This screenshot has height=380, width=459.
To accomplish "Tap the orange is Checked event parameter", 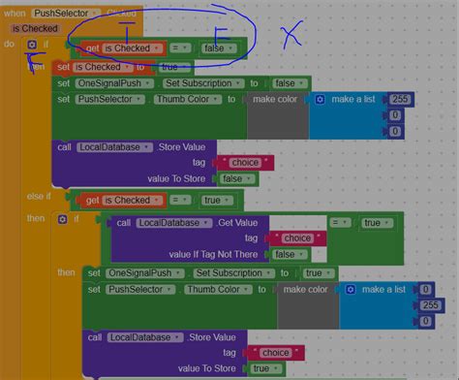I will pos(34,29).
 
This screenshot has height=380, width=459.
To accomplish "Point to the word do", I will pos(10,45).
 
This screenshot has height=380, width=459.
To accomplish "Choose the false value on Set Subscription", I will pos(286,83).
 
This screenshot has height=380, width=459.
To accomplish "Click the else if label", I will pos(39,197).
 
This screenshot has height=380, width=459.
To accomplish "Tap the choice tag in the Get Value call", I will pos(295,237).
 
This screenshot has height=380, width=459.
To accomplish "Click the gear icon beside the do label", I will pos(32,45).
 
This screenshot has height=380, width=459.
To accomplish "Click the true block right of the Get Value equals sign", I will pos(372,222).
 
